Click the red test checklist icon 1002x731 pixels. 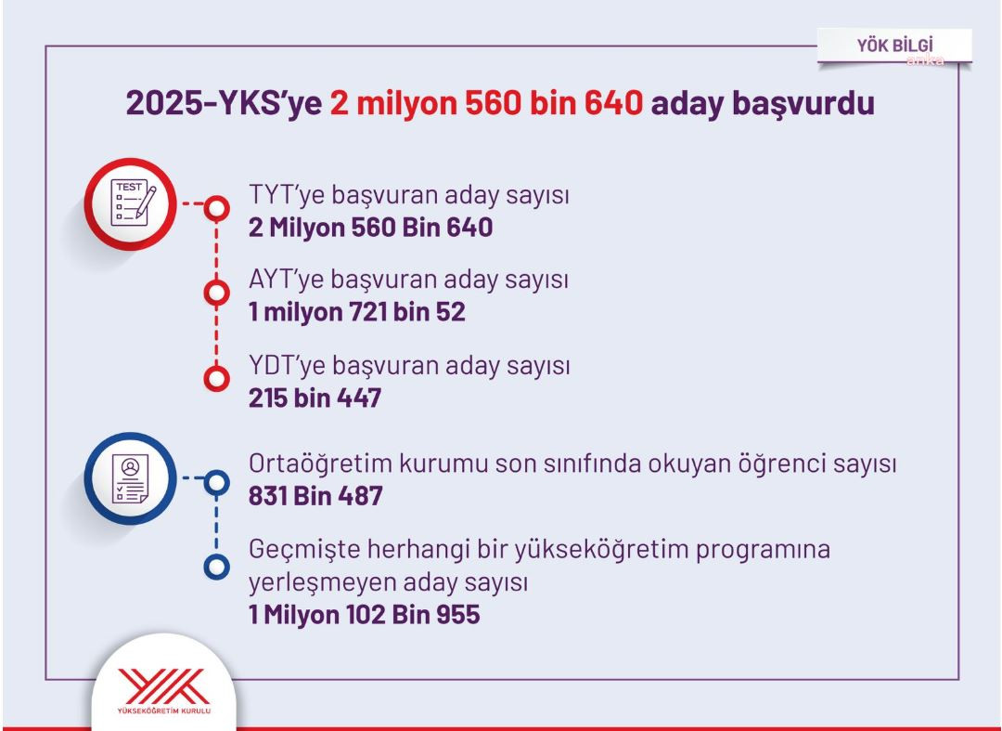130,203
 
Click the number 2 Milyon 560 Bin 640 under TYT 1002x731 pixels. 370,228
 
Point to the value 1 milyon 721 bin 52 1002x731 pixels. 356,313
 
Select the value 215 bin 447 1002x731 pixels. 315,398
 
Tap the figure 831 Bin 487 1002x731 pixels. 315,496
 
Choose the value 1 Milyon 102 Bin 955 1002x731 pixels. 364,614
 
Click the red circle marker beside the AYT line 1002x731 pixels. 216,294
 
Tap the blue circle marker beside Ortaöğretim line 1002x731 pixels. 216,481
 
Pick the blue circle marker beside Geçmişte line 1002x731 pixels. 216,565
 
